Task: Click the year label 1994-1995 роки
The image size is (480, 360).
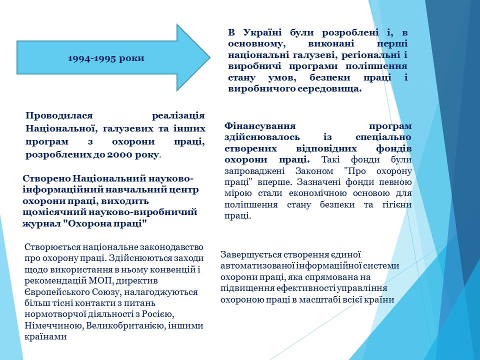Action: [106, 58]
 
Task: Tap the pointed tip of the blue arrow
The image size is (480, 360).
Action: [210, 57]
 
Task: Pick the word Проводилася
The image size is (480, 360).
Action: [59, 115]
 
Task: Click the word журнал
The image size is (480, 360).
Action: [41, 224]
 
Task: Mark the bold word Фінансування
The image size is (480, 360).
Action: [260, 126]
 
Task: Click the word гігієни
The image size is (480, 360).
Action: [397, 204]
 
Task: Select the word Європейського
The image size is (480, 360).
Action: [57, 292]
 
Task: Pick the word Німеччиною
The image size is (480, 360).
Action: [53, 325]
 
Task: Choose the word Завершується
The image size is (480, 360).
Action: [251, 255]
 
